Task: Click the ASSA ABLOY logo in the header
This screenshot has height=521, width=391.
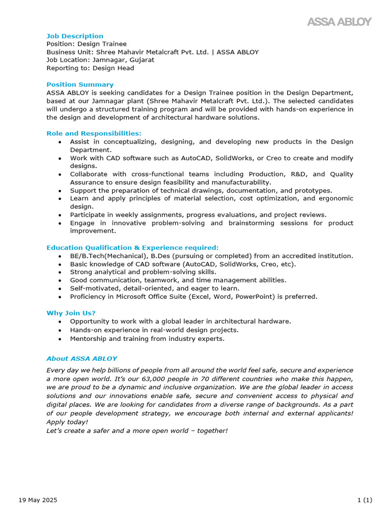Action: click(339, 22)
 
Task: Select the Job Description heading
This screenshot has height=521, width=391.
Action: click(75, 36)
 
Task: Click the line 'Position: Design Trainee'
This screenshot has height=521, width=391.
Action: click(87, 44)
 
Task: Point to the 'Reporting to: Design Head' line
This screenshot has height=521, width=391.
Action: click(90, 68)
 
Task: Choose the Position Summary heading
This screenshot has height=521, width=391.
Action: click(80, 84)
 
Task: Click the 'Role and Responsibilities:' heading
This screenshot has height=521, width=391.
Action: click(94, 133)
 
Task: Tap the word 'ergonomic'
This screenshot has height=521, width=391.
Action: click(335, 199)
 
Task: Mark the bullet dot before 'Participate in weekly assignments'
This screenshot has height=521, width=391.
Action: click(61, 215)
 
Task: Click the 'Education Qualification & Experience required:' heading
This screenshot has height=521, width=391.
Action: click(132, 248)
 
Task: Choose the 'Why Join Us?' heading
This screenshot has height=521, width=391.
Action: click(71, 313)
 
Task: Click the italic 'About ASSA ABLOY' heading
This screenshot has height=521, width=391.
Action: click(81, 358)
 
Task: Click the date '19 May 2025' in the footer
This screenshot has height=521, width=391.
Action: click(38, 500)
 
